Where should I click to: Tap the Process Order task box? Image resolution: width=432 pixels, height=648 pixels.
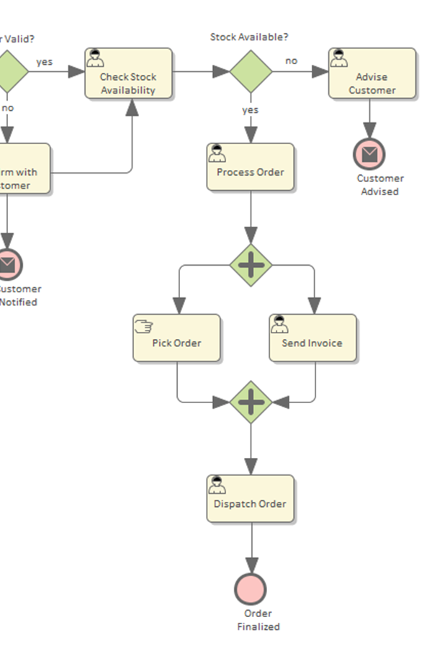251,167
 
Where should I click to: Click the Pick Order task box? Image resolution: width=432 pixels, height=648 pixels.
176,338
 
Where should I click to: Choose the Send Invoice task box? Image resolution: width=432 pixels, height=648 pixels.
312,338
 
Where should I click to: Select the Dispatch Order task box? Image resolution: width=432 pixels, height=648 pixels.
251,498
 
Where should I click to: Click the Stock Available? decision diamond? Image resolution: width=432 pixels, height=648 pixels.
251,71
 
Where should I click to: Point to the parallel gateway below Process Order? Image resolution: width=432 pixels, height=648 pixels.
251,265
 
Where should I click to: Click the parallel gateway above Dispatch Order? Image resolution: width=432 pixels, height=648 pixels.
251,402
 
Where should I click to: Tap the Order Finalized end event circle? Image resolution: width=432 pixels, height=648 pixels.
251,589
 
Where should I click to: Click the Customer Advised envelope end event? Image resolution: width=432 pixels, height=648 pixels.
369,154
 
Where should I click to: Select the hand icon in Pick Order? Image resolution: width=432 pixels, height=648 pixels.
143,326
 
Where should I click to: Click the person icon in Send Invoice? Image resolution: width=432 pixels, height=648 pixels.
279,325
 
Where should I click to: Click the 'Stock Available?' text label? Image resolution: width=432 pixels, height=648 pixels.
248,37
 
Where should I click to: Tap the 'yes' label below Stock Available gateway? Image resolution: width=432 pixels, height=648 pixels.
250,110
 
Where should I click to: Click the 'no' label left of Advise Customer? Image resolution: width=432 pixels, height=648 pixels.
291,61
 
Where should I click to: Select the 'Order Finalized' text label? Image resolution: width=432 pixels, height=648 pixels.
258,620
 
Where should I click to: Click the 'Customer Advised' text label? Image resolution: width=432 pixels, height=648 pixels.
379,185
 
